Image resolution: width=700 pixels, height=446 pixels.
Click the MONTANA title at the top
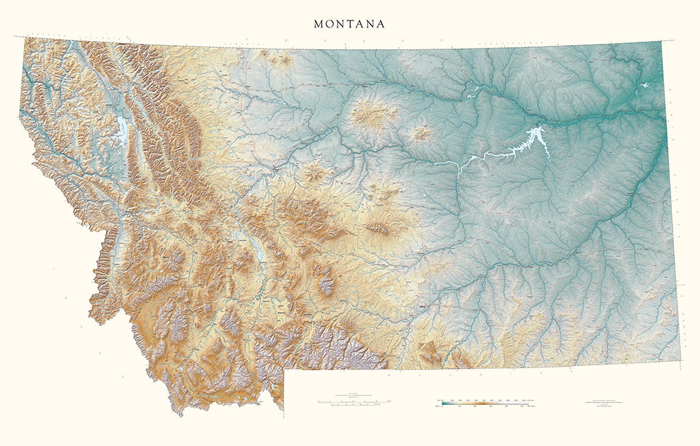(x=349, y=24)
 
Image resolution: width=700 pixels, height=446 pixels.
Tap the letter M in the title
(x=318, y=24)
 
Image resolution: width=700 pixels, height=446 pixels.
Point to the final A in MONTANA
(x=381, y=24)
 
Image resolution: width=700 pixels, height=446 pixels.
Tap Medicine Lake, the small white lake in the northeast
(x=645, y=86)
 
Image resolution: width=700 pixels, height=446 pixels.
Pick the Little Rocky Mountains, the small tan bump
(x=421, y=133)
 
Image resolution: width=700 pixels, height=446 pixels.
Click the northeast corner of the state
(x=660, y=42)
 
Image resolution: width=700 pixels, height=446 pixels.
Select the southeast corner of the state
(x=679, y=363)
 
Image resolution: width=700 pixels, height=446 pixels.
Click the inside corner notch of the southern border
(x=284, y=370)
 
